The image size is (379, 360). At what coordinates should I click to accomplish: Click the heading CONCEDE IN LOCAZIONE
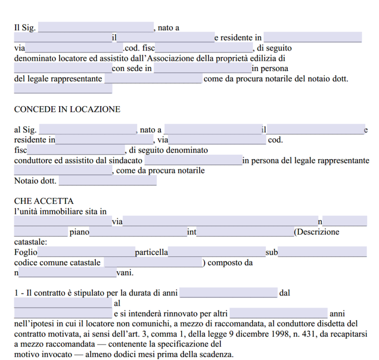pyautogui.click(x=67, y=110)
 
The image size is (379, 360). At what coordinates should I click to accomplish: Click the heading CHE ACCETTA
pyautogui.click(x=44, y=201)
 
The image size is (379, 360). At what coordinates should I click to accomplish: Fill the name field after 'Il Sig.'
pyautogui.click(x=96, y=28)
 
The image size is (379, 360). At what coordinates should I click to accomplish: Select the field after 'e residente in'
pyautogui.click(x=312, y=38)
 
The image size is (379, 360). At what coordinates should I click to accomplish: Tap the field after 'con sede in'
pyautogui.click(x=202, y=69)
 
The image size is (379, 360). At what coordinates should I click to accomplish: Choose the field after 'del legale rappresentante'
pyautogui.click(x=153, y=79)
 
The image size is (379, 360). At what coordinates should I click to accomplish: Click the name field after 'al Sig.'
pyautogui.click(x=87, y=130)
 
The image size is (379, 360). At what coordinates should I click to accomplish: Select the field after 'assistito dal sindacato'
pyautogui.click(x=193, y=160)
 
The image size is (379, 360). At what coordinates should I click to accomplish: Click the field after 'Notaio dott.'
pyautogui.click(x=108, y=181)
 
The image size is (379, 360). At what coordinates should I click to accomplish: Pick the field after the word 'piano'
pyautogui.click(x=138, y=232)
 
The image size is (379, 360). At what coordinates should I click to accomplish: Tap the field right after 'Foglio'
pyautogui.click(x=86, y=253)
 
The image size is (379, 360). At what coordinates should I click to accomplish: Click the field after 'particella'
pyautogui.click(x=217, y=253)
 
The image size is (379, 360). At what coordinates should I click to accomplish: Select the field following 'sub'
pyautogui.click(x=322, y=253)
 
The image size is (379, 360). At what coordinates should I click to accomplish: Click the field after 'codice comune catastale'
pyautogui.click(x=153, y=263)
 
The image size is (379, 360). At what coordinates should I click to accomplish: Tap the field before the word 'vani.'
pyautogui.click(x=67, y=273)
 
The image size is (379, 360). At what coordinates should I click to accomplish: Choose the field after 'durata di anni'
pyautogui.click(x=228, y=293)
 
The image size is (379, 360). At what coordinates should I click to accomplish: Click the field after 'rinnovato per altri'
pyautogui.click(x=278, y=314)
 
